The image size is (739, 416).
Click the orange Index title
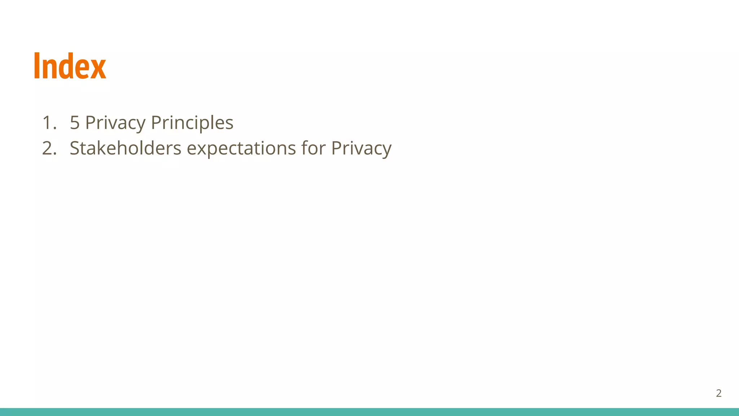coord(70,66)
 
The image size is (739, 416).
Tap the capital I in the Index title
coord(36,66)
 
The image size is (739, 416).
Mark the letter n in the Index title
coord(49,69)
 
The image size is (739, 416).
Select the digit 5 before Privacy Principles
coord(75,123)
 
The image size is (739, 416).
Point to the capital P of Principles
coord(156,123)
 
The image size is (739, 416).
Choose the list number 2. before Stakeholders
coord(49,148)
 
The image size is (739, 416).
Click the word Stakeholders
coord(125,148)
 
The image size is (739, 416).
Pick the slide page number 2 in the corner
coord(718,393)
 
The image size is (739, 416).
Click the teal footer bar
coord(369,412)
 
